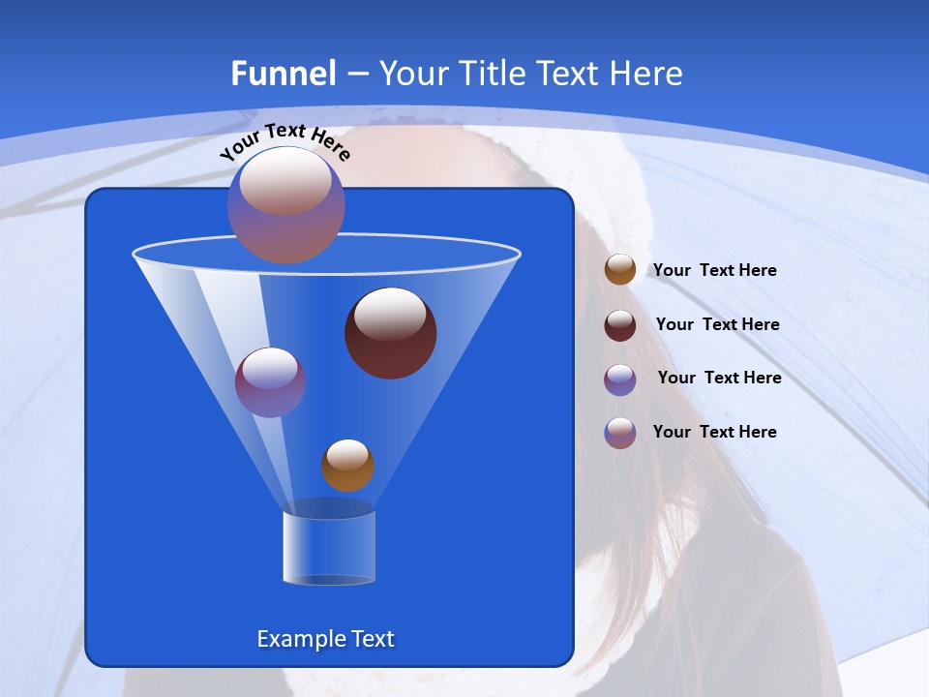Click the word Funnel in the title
point(283,74)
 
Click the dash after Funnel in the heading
point(356,75)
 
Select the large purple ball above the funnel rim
point(286,204)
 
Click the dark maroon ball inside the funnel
point(390,333)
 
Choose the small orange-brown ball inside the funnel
point(347,466)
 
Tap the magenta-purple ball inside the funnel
point(270,382)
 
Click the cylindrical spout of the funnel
point(328,547)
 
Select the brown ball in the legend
point(620,270)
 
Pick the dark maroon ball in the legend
point(620,325)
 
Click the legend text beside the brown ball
point(714,270)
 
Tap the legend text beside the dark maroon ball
point(717,324)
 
